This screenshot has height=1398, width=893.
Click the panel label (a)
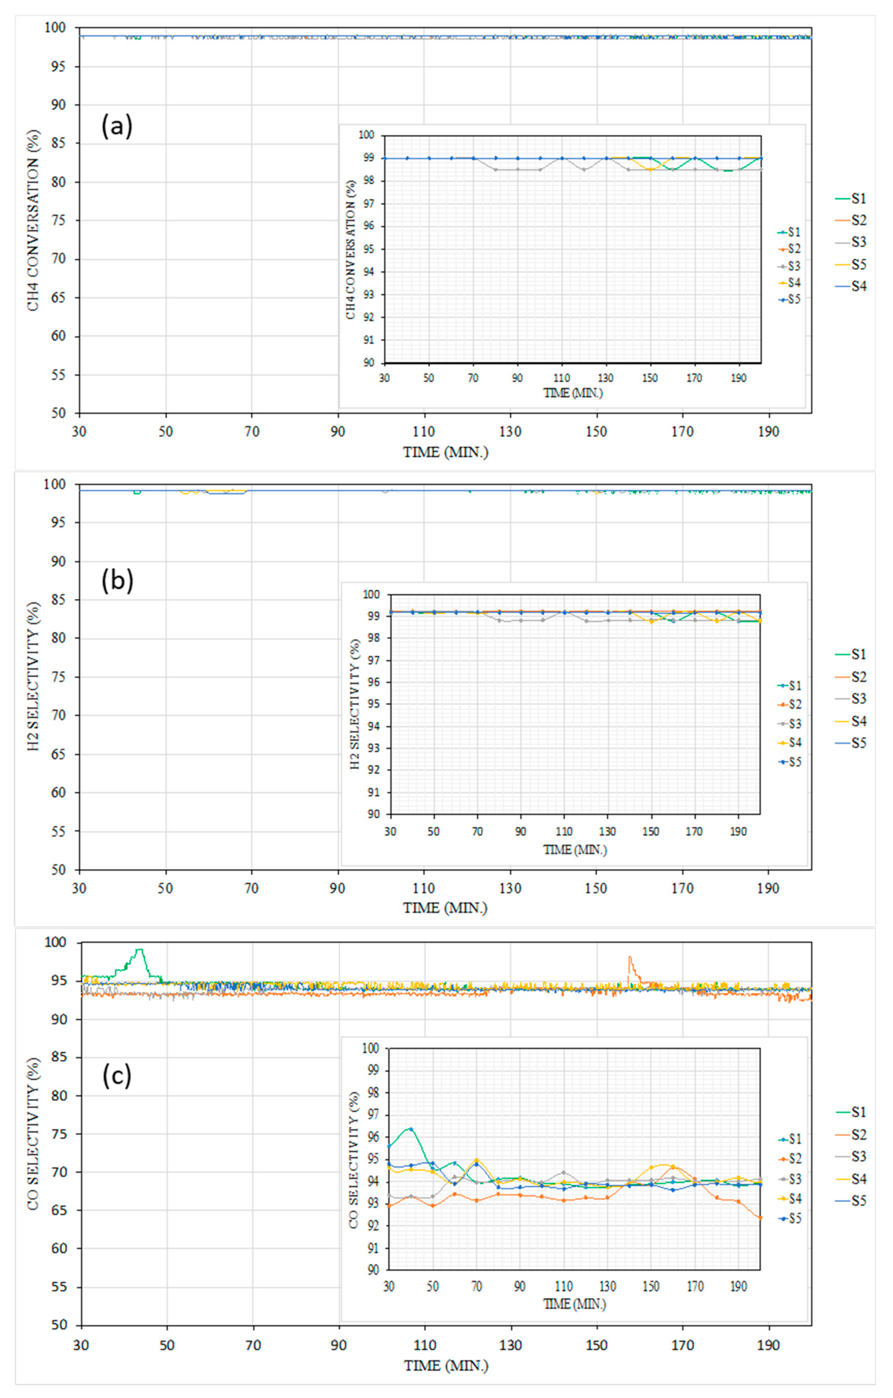[117, 126]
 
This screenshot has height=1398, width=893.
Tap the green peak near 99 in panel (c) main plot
[139, 950]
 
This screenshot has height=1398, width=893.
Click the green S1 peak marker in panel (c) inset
[410, 1129]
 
